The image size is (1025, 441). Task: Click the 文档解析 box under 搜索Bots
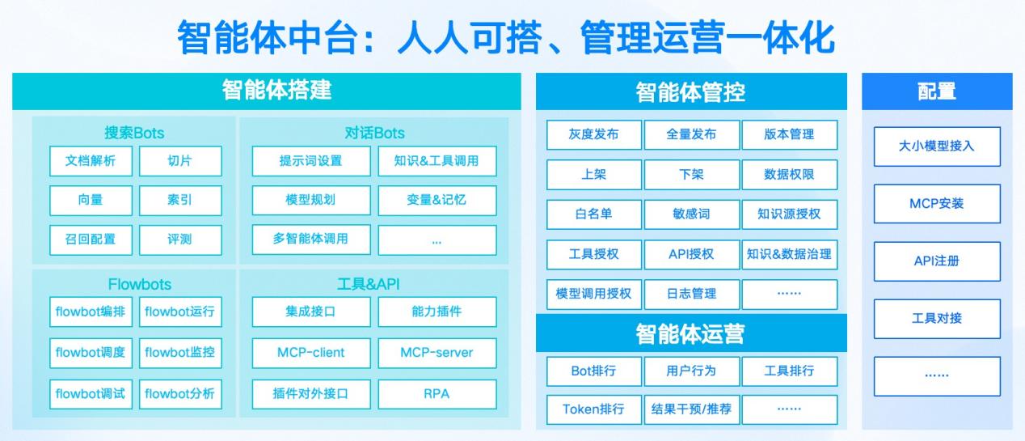(91, 160)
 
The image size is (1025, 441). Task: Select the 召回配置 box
(91, 239)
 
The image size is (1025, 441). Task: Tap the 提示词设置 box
(310, 160)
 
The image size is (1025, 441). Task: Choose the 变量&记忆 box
(437, 200)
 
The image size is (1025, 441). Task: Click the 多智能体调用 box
(310, 239)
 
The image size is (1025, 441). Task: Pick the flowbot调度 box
(91, 352)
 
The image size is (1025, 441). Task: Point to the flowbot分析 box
(179, 394)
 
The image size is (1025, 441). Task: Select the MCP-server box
(437, 352)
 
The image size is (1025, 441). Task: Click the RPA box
(437, 394)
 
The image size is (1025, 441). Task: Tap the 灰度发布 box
(593, 134)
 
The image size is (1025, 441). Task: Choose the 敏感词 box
(691, 214)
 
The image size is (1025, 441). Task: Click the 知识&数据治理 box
(789, 254)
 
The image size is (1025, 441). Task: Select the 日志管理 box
(691, 294)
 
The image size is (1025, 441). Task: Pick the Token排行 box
(593, 409)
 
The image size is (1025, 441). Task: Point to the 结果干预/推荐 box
(691, 409)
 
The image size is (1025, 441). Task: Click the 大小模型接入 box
(937, 146)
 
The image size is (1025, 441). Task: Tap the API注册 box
(937, 261)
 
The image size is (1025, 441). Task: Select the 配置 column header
(937, 91)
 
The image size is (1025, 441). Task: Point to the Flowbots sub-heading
(135, 284)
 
